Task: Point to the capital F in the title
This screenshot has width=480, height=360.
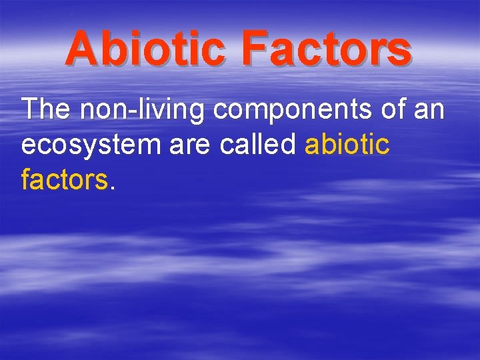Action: coord(254,49)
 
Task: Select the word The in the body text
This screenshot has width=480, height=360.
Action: coord(45,109)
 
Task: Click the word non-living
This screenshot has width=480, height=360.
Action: coord(142,109)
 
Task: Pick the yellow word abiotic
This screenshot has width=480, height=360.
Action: coord(347,144)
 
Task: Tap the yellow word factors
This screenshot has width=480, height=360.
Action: coord(63,179)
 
